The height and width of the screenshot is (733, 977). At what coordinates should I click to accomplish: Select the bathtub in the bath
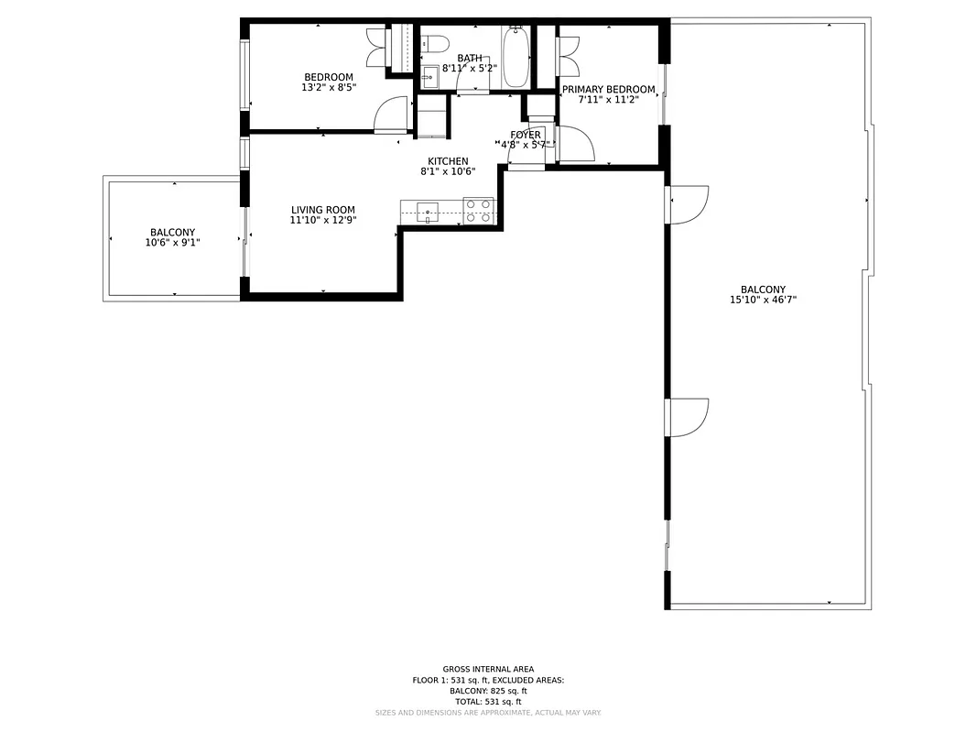(x=516, y=57)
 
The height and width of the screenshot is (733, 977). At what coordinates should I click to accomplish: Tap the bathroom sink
(x=430, y=76)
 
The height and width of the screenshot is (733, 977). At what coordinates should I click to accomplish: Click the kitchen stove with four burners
(x=478, y=211)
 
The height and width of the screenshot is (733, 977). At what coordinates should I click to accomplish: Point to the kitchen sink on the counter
(x=428, y=213)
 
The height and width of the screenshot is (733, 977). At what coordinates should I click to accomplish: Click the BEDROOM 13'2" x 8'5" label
(x=329, y=82)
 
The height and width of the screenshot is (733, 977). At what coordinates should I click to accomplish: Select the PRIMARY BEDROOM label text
(x=608, y=89)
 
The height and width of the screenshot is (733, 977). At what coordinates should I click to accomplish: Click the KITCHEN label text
(x=448, y=161)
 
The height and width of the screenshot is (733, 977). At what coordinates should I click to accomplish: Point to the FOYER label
(x=526, y=135)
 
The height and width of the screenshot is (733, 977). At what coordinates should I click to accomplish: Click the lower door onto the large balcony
(x=689, y=417)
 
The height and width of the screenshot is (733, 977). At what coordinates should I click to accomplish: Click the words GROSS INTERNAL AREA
(x=488, y=669)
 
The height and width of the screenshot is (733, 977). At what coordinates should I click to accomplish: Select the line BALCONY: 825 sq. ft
(x=488, y=691)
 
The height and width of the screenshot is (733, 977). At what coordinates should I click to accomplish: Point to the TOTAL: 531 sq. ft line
(x=488, y=702)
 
